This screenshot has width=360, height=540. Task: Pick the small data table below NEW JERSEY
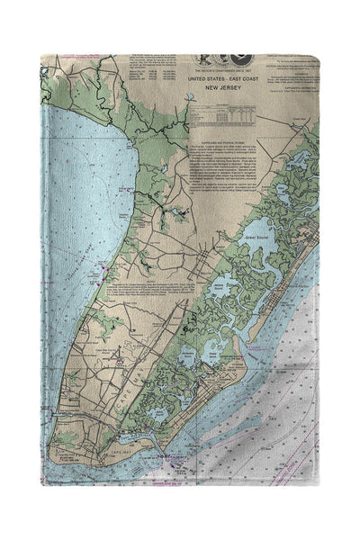222,117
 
